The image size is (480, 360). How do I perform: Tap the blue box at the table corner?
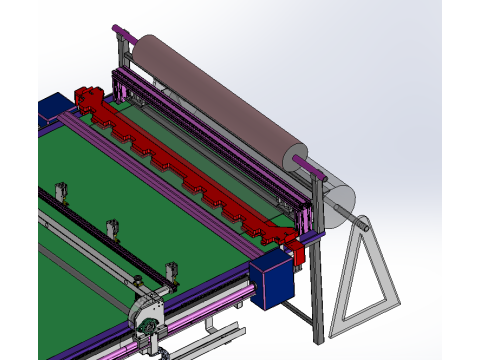[x=273, y=280]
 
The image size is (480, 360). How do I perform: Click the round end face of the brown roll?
[x=296, y=157]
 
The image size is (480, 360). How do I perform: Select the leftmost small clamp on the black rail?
[x=61, y=191]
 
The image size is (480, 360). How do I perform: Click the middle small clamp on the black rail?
[x=113, y=228]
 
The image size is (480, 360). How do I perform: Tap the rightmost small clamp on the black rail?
[x=171, y=270]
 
